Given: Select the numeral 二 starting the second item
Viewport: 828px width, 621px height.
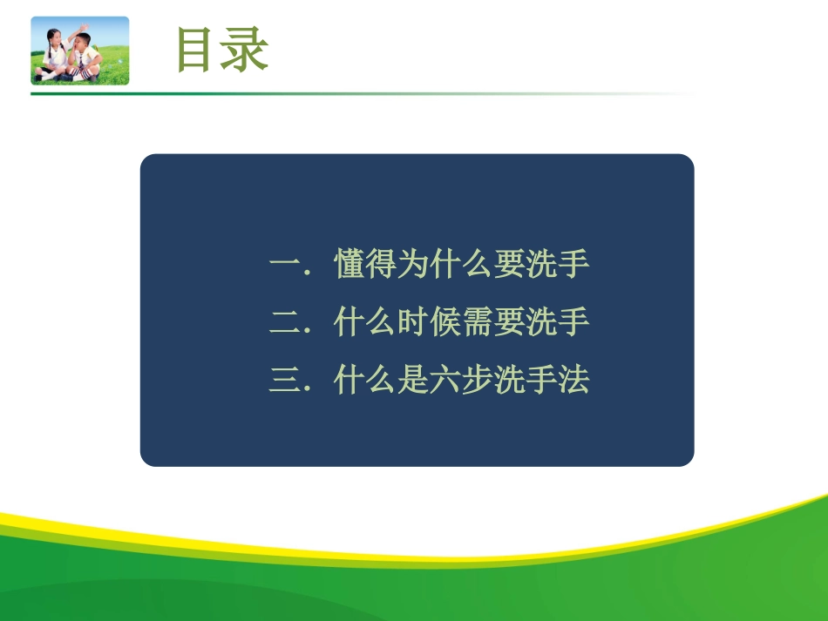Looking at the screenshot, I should pyautogui.click(x=285, y=323).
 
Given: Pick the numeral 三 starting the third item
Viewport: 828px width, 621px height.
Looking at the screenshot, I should pyautogui.click(x=285, y=381).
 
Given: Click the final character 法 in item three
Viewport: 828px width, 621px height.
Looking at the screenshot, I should pyautogui.click(x=574, y=381).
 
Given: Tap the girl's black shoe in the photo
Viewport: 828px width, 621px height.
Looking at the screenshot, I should pyautogui.click(x=39, y=77).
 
